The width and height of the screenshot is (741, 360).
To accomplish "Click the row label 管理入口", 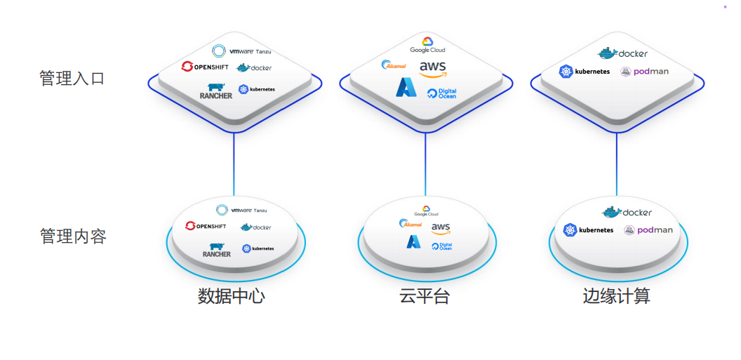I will point(72,78).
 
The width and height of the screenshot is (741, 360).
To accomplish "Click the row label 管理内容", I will point(73,236).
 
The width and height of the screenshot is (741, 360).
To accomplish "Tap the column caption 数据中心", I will point(231,296).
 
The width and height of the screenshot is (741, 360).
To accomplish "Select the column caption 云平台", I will point(425,296).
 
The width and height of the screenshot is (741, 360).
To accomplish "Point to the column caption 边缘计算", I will point(616,296).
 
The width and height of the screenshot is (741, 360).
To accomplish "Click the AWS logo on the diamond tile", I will point(432,68).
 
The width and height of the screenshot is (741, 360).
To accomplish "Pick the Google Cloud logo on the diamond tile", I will point(427,46).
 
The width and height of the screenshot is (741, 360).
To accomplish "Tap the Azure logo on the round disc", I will point(413,242).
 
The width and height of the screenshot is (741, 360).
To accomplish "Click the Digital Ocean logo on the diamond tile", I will point(442,93).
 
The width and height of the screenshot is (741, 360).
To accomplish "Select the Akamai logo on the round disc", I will point(411,224).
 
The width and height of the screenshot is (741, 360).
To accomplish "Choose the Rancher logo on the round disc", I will point(216,250).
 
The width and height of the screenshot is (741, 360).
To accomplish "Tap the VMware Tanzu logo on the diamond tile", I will point(241,51).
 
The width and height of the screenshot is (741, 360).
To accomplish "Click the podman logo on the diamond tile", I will point(644,72).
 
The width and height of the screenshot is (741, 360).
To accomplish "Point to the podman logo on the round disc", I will point(648,230).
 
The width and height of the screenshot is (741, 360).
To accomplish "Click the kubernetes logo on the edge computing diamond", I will point(584,72).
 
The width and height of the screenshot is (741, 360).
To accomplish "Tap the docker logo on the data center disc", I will point(255,227).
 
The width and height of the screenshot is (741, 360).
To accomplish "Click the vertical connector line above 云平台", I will point(425,164).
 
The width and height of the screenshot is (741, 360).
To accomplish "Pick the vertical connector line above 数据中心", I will point(234,164).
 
